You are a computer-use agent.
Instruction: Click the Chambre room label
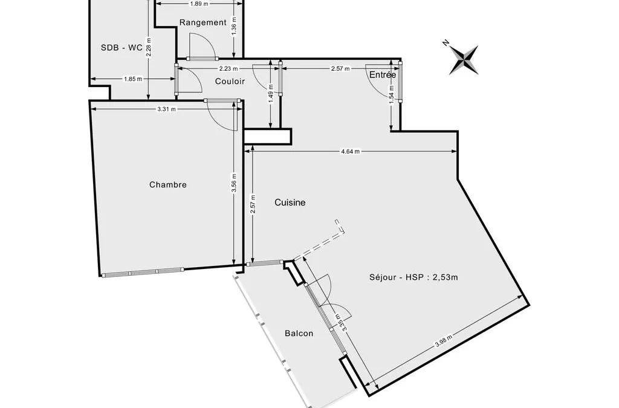pos(168,185)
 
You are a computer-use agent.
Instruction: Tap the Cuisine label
pos(290,202)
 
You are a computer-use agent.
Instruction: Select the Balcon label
pos(299,334)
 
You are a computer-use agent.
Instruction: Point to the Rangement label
pos(203,22)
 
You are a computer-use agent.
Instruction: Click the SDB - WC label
pos(122,47)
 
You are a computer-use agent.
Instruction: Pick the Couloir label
pos(230,81)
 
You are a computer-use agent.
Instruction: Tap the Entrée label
pos(383,74)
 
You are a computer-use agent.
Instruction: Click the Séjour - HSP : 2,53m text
pos(413,277)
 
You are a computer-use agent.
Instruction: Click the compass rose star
pos(464,60)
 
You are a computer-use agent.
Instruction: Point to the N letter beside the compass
pos(446,43)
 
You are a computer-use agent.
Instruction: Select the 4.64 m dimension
pos(351,151)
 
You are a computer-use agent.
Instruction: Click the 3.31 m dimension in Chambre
pos(166,109)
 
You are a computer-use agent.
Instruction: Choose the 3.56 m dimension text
pos(234,183)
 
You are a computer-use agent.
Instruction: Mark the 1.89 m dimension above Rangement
pos(199,4)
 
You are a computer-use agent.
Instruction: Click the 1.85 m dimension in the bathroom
pos(132,79)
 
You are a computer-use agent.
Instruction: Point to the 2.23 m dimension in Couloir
pos(225,68)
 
